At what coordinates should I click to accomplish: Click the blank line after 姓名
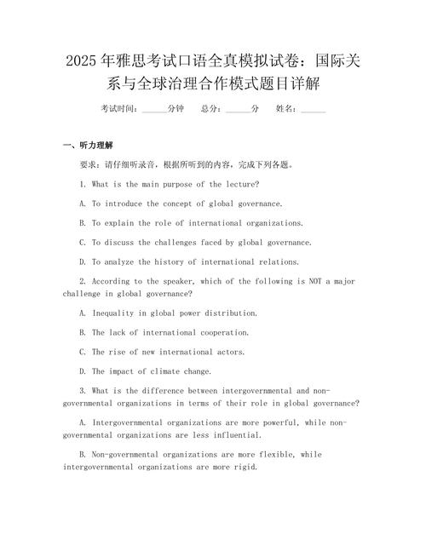[313, 109]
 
